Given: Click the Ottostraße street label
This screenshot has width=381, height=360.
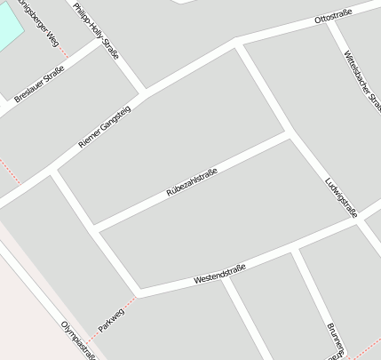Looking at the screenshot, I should click(334, 16).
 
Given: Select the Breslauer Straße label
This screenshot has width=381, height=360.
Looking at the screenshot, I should click(40, 85).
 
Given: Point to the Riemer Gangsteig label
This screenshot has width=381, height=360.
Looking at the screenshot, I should click(104, 126).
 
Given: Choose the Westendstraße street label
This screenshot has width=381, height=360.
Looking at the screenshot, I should click(219, 273).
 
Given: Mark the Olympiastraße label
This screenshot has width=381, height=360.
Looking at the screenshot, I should click(78, 340).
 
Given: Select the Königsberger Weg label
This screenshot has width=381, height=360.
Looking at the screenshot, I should click(43, 27).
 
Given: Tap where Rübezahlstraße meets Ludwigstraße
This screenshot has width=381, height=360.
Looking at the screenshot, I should click(286, 135).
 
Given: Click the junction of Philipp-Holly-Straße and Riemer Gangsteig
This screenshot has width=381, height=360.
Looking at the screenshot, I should click(144, 92).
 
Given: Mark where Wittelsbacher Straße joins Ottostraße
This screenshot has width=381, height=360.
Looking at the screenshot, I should click(330, 22).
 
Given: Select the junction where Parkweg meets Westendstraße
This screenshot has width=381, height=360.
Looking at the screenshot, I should click(138, 292).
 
